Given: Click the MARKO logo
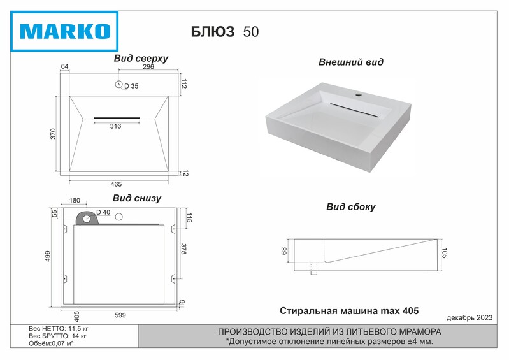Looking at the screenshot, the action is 64,31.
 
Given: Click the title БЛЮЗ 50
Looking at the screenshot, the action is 225,32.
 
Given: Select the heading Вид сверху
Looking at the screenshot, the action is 141,59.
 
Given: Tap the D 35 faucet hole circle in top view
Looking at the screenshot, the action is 119,84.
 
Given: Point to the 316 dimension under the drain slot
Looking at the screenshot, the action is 115,126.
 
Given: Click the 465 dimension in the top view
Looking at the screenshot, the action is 116,184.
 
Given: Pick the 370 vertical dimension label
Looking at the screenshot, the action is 53,134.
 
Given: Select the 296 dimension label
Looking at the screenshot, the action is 148,66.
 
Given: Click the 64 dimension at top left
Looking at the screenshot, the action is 64,66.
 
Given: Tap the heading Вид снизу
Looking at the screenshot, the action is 137,198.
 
